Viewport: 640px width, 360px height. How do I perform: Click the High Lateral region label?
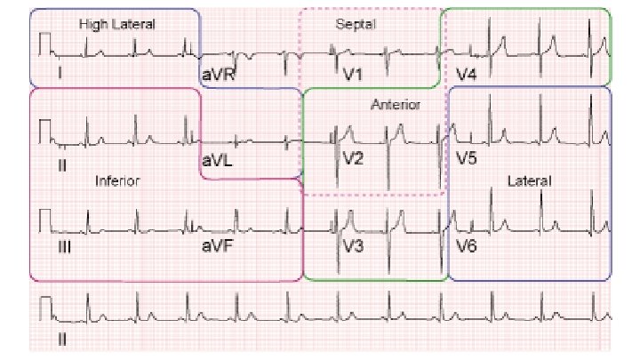pos(116,25)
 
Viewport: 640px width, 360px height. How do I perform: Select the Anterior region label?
pos(396,105)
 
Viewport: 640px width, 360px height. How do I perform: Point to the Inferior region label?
pos(117,180)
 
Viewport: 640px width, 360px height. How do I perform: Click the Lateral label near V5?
pos(530,180)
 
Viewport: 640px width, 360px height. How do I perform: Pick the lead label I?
pos(60,74)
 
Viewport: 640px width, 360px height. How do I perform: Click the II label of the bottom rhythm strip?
pos(62,338)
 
